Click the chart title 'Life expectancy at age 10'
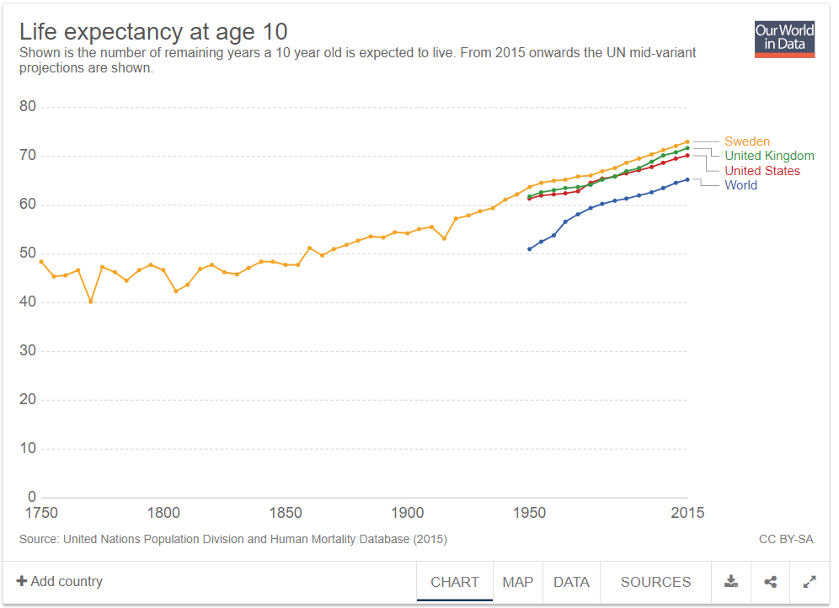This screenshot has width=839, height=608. click(153, 32)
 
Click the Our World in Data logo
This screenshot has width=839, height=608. click(784, 39)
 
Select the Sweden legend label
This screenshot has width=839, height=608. click(746, 141)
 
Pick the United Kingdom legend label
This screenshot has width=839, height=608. click(769, 156)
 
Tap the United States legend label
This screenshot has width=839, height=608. click(762, 171)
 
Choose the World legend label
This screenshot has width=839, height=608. click(740, 185)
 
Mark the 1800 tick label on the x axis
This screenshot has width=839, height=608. click(163, 513)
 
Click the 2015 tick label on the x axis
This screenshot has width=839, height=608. click(687, 513)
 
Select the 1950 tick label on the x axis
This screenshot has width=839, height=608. click(529, 513)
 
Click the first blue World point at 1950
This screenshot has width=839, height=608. click(529, 249)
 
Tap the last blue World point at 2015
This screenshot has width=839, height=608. click(687, 179)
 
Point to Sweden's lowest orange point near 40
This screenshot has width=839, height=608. click(90, 301)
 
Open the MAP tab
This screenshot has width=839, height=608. click(518, 582)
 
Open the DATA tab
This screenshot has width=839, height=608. click(571, 582)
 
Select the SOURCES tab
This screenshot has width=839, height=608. click(655, 582)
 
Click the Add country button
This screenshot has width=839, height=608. click(59, 582)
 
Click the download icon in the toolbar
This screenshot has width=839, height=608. click(731, 582)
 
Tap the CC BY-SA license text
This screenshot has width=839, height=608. click(786, 539)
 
